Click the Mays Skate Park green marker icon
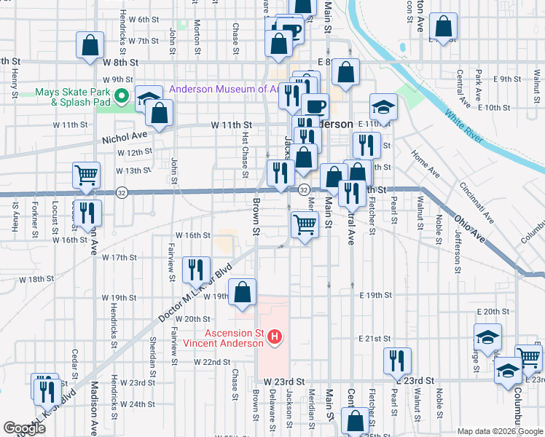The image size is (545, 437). coord(122,95)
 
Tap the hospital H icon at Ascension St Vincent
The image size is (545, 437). coord(275,336)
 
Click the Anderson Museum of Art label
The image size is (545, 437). coord(224,90)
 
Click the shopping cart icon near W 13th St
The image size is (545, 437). coord(86,175)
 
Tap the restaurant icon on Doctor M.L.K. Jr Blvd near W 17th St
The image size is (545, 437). coord(195,269)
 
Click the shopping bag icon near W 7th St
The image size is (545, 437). coord(90,44)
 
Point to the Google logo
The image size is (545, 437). coord(25,428)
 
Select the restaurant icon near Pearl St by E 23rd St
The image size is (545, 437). coord(397,360)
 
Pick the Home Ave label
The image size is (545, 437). coord(425,165)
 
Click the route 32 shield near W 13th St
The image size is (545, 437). coord(121,192)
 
